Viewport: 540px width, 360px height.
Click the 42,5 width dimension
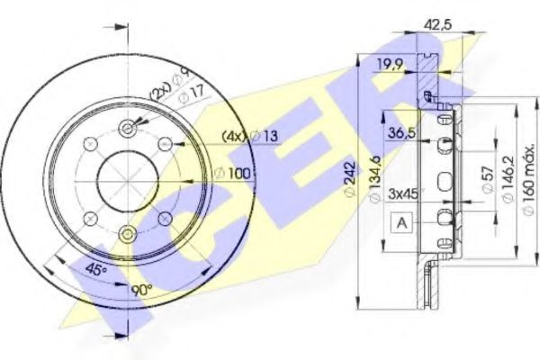coord(437,25)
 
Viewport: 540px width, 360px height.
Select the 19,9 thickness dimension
coord(389,64)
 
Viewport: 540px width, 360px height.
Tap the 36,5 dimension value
coord(402,132)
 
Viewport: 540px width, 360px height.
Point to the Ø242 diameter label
coord(349,179)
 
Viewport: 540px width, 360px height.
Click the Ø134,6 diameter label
coord(374,179)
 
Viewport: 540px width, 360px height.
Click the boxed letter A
coord(401,223)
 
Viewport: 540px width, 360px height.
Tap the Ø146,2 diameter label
coord(508,179)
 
